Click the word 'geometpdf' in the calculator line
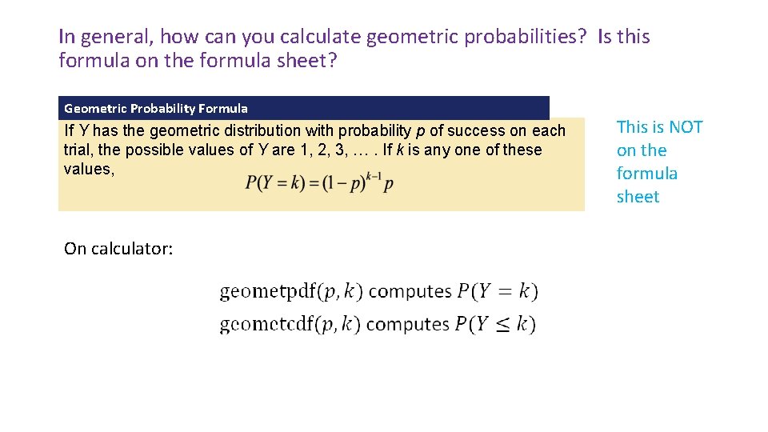[x=268, y=291]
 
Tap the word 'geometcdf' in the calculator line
[x=267, y=324]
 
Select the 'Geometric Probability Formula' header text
[x=156, y=108]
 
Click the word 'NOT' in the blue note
[x=686, y=127]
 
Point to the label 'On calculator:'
[x=118, y=249]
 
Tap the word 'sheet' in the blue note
[x=638, y=197]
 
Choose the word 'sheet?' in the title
[x=305, y=60]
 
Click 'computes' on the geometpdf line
[x=410, y=291]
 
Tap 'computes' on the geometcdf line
[x=408, y=324]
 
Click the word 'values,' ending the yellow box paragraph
[x=89, y=170]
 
